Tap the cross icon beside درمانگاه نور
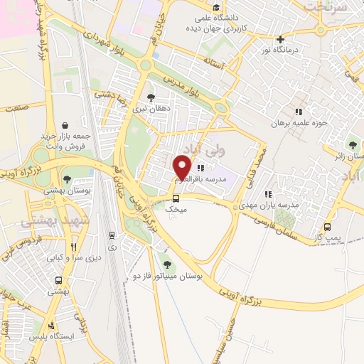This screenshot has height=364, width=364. point(282,39)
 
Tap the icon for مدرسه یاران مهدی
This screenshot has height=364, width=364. point(268,193)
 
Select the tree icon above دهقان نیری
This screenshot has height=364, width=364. point(150,98)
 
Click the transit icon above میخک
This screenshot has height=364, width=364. point(176,199)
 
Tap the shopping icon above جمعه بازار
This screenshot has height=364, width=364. point(65,124)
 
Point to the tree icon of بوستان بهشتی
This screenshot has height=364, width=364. point(67,180)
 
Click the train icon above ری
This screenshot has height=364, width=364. point(112,235)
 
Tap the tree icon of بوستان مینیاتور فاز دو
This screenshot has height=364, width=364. point(167,265)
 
